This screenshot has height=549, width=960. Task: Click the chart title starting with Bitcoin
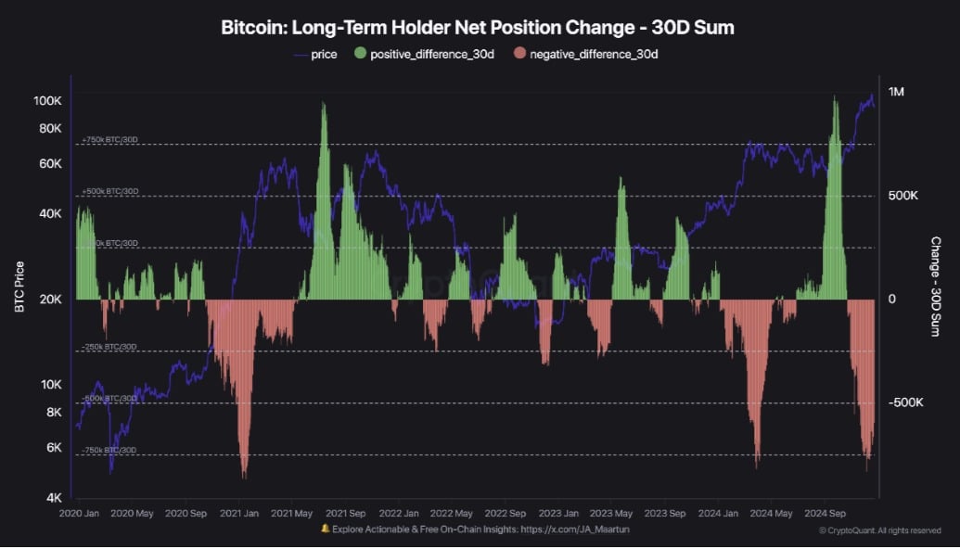pyautogui.click(x=478, y=27)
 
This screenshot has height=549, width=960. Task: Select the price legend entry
pyautogui.click(x=314, y=54)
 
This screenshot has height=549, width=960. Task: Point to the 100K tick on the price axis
pyautogui.click(x=47, y=100)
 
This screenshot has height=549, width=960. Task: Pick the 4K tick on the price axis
pyautogui.click(x=54, y=498)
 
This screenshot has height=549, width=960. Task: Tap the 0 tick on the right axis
pyautogui.click(x=891, y=300)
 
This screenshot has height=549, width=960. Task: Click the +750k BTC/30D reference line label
pyautogui.click(x=109, y=140)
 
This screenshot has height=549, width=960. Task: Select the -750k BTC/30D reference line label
pyautogui.click(x=109, y=450)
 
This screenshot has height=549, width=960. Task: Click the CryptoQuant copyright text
pyautogui.click(x=879, y=530)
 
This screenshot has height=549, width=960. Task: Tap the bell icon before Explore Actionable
pyautogui.click(x=326, y=529)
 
